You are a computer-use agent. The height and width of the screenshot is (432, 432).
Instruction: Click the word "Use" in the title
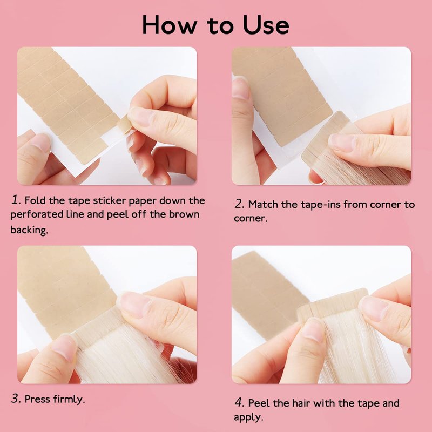click(x=266, y=25)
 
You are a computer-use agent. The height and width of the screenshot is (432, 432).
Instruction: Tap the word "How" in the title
click(x=170, y=25)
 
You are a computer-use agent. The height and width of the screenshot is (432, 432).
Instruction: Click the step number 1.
click(x=16, y=200)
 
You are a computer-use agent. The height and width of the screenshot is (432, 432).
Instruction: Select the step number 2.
click(x=240, y=204)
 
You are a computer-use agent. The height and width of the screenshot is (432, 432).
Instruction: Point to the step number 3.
click(x=16, y=399)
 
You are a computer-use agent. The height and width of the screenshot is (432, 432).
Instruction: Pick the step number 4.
click(x=239, y=402)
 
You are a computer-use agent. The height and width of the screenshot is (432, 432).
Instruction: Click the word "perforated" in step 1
click(x=37, y=215)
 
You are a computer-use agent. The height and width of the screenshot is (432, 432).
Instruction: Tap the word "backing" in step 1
click(x=29, y=230)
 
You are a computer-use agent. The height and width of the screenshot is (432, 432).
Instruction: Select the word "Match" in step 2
click(x=264, y=204)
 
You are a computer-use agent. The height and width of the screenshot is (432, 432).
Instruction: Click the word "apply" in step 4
click(x=248, y=417)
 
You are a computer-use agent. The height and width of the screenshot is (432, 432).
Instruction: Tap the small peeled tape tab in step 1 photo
click(x=125, y=125)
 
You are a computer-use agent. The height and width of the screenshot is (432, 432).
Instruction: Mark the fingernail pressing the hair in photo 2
click(x=342, y=143)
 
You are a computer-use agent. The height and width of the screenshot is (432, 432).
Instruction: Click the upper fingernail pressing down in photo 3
click(x=134, y=304)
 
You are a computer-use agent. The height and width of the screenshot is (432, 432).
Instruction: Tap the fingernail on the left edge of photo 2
click(x=240, y=87)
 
